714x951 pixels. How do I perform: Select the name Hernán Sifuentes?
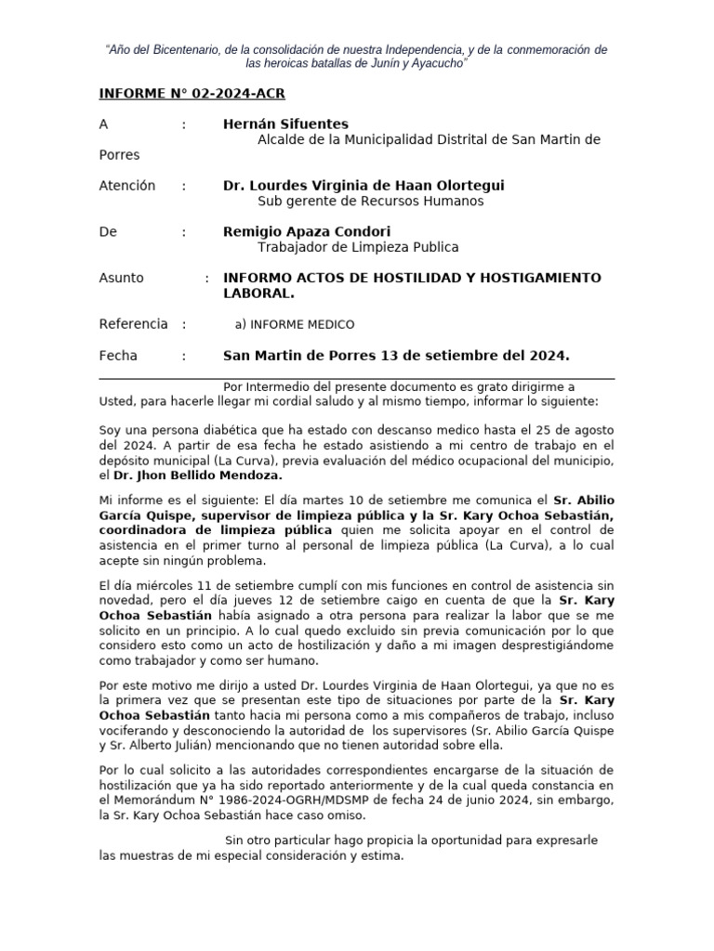(x=285, y=124)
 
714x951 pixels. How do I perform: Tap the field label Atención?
(x=127, y=186)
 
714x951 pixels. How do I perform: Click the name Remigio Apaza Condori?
(x=307, y=231)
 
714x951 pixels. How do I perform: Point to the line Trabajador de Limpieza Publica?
(x=357, y=247)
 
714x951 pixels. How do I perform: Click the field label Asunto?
(x=122, y=278)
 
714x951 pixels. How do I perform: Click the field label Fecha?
(x=118, y=356)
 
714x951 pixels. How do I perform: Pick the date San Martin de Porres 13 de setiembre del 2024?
(x=396, y=356)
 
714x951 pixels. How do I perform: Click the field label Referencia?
(x=133, y=324)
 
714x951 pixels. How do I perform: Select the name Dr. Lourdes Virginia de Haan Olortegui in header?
(x=364, y=186)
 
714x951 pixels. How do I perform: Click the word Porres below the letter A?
(x=119, y=155)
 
